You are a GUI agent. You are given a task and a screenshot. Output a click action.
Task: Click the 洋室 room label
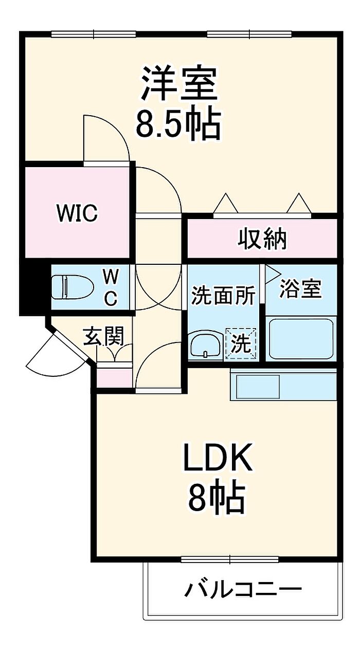point(179,84)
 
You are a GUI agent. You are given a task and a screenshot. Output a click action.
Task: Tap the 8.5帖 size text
point(178,125)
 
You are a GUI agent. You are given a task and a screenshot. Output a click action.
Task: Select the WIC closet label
point(77,213)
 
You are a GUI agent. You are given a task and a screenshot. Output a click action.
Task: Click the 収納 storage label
point(262,239)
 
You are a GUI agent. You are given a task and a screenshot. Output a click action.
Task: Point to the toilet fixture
point(72,287)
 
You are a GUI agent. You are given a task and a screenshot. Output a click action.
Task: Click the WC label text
point(111,287)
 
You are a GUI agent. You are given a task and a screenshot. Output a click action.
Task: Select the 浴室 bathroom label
point(300,288)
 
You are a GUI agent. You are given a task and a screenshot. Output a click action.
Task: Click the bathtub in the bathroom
point(301,339)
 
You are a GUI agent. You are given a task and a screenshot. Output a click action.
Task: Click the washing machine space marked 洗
point(241,343)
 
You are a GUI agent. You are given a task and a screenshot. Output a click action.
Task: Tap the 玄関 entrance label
point(103,336)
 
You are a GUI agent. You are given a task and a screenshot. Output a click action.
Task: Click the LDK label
point(217,457)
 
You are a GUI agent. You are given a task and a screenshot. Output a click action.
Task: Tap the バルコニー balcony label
point(243,589)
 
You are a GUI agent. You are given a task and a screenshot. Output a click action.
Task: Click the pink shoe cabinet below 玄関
point(114,378)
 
